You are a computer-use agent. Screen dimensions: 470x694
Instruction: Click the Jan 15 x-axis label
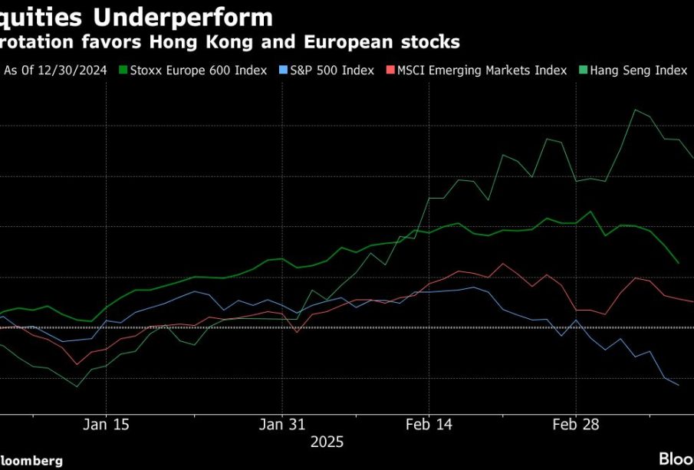(x=106, y=423)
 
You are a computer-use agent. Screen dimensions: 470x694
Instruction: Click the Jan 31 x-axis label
(x=282, y=423)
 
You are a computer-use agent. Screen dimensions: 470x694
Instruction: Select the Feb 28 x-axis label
(x=576, y=423)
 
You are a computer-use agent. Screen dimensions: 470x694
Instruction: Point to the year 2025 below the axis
(x=327, y=442)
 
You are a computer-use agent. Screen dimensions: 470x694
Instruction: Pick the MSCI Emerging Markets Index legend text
(x=482, y=71)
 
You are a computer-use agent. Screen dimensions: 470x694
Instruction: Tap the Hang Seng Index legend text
(x=639, y=71)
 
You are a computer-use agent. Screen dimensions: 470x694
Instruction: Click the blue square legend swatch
(x=282, y=71)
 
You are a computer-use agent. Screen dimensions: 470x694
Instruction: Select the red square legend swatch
(x=390, y=71)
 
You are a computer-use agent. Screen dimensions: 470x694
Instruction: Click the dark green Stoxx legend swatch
(x=123, y=71)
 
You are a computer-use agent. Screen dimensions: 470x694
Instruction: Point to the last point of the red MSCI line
(x=692, y=301)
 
